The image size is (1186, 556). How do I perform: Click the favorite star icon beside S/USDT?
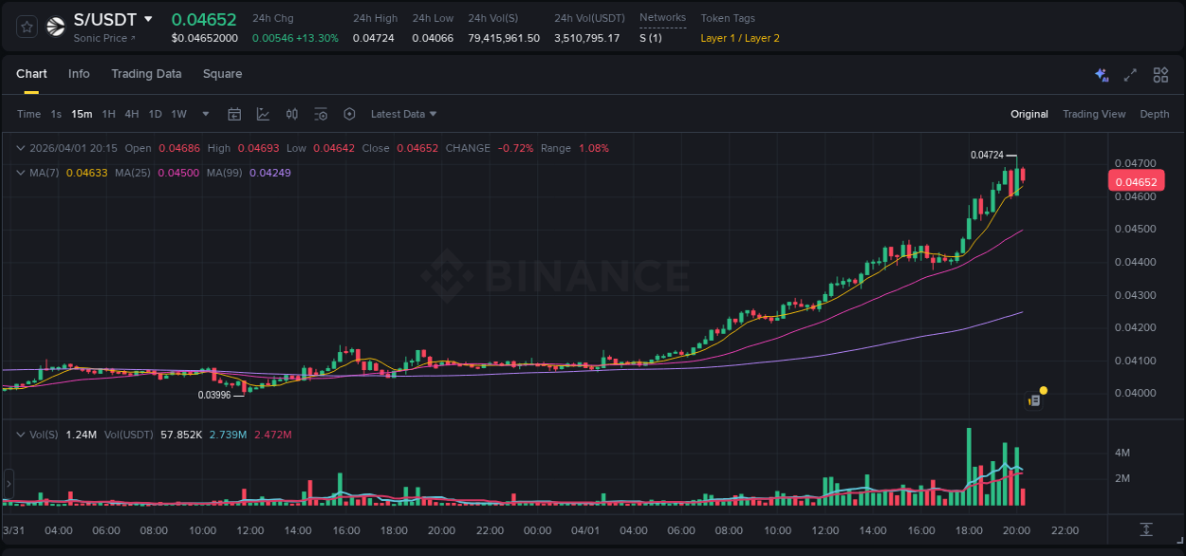[28, 27]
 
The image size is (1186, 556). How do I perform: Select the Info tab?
[79, 74]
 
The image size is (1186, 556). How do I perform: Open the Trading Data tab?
[146, 74]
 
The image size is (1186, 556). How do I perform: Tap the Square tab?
[222, 74]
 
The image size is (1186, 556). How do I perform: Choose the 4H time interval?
[132, 114]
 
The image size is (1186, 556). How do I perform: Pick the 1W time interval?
[178, 114]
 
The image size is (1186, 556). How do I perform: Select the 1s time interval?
[56, 114]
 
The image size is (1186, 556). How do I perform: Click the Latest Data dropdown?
[403, 114]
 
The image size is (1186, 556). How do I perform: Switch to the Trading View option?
[1094, 114]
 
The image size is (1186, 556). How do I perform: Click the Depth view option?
[1155, 114]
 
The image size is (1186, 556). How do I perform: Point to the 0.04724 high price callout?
[987, 155]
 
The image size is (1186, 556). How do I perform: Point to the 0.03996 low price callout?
[214, 395]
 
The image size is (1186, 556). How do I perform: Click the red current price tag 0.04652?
[1136, 182]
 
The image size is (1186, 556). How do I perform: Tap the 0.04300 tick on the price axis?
[1135, 295]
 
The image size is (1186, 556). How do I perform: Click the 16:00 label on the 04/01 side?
[921, 530]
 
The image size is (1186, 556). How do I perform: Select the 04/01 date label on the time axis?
[585, 530]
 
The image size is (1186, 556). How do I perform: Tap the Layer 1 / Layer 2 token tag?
[740, 38]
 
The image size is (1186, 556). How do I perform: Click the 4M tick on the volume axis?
[1121, 453]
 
